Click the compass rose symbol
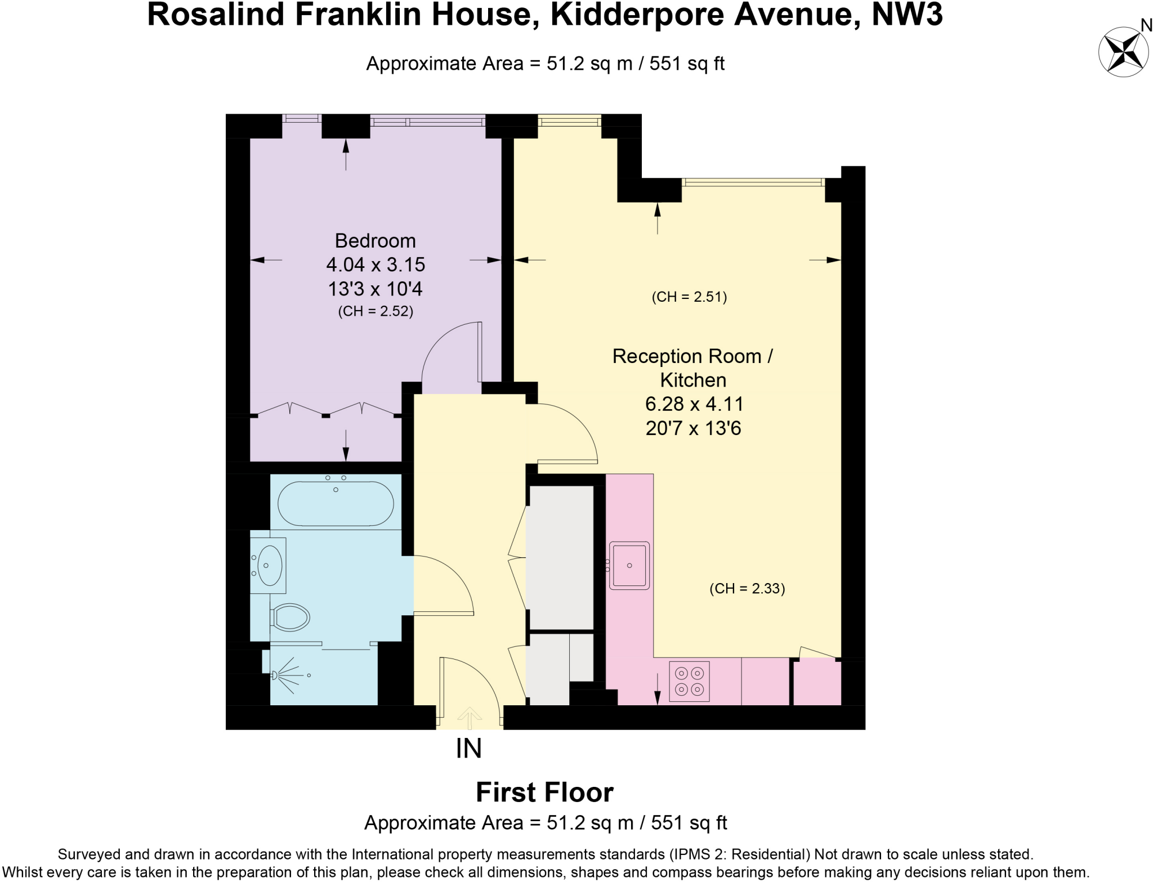point(1123,52)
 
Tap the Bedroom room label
point(375,241)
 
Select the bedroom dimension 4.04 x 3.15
point(376,265)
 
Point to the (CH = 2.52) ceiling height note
point(376,311)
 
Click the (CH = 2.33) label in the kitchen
point(747,588)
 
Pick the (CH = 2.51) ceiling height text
point(689,297)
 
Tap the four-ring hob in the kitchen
point(689,681)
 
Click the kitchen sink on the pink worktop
point(629,565)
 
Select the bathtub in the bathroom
point(336,504)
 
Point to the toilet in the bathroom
point(291,617)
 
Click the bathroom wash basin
point(270,565)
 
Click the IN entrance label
point(468,749)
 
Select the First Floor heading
point(544,793)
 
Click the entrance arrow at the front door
point(469,715)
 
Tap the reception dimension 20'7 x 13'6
point(693,428)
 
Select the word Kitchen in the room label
point(693,380)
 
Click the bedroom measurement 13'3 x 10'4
point(376,289)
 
